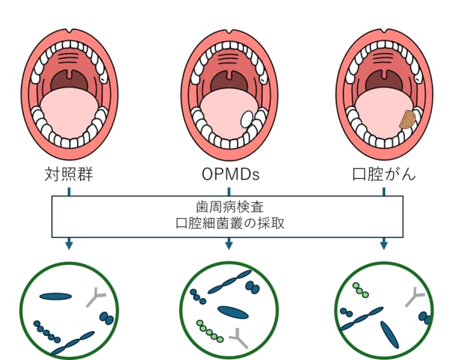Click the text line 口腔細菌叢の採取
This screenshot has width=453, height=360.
pos(226,223)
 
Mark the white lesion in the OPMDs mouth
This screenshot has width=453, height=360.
pos(247,118)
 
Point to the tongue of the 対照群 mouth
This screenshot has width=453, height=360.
pos(69,109)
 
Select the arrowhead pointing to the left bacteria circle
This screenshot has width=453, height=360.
pos(69,244)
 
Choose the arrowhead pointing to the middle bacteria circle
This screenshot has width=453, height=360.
pos(229,244)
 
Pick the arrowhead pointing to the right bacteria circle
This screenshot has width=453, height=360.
pos(384,244)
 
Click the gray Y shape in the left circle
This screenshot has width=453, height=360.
pos(97,296)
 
